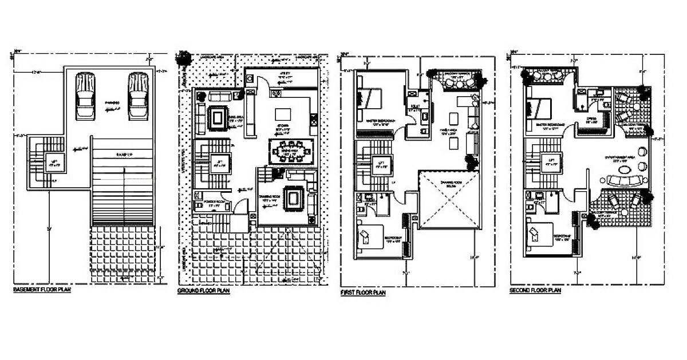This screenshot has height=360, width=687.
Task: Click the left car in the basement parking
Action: click(x=85, y=96)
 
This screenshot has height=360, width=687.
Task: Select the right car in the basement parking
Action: click(x=137, y=96)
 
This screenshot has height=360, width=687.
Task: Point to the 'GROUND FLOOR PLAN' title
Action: click(x=204, y=291)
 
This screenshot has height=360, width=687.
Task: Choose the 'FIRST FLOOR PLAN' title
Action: click(x=363, y=292)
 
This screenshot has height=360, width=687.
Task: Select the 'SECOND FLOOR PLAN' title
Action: click(x=535, y=291)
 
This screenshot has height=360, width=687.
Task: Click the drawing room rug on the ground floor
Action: click(x=293, y=198)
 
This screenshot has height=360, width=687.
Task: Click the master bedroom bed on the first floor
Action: click(x=370, y=98)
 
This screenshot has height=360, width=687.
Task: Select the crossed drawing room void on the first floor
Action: click(x=449, y=199)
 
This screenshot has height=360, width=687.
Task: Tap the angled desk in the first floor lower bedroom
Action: click(x=366, y=236)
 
